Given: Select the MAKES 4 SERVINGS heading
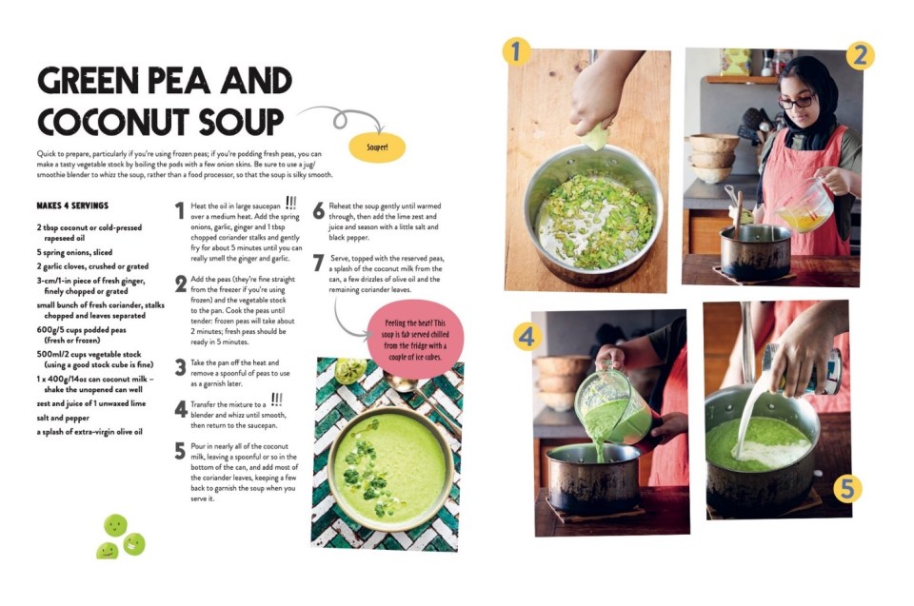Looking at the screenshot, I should [x=72, y=205].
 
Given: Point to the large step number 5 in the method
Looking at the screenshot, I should [x=179, y=451].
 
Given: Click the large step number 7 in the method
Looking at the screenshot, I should [x=319, y=264].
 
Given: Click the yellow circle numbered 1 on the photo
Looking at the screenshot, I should [x=517, y=51].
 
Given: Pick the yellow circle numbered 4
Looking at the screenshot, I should [x=527, y=336].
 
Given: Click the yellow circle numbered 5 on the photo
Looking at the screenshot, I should [x=848, y=489].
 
